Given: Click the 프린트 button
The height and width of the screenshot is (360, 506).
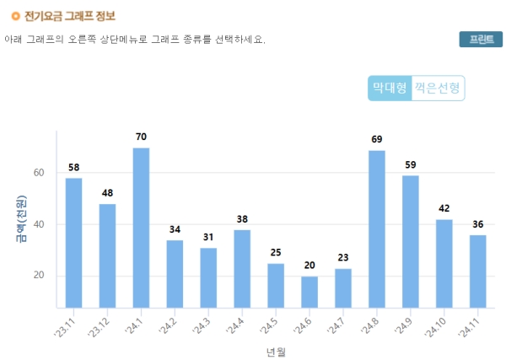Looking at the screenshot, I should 481,40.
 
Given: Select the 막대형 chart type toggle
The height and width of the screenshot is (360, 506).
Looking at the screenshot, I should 390,88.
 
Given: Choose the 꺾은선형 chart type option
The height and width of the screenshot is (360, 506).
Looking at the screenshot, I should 439,88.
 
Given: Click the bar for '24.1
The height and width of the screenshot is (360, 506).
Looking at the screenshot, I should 141,228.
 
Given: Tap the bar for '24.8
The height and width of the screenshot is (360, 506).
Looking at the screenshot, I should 377,228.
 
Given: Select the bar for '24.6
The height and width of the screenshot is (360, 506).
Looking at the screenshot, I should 310,292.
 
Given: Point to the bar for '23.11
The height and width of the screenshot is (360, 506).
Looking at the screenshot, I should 74,243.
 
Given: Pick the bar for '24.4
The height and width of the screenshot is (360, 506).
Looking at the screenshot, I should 242,268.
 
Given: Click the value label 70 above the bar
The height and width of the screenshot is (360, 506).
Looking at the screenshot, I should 141,137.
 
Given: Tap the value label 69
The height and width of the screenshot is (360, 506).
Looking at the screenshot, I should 377,139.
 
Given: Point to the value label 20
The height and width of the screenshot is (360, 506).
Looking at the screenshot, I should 310,265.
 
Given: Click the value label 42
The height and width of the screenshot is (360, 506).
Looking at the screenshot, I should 444,208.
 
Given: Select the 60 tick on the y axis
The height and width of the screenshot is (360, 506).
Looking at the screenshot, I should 39,173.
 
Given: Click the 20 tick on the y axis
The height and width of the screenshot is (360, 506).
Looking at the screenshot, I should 39,276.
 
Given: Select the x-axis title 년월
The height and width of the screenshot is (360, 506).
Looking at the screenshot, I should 275,351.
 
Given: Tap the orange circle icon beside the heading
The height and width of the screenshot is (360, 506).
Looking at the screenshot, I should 15,15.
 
